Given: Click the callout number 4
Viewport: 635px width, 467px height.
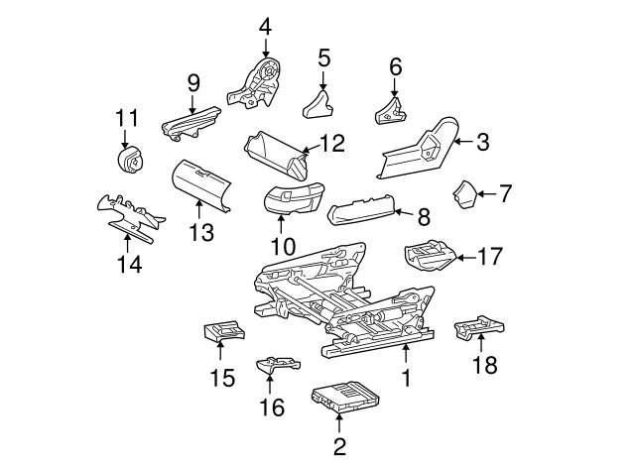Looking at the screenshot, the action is coord(265,27).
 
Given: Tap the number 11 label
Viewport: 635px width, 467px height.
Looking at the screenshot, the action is coord(127,118).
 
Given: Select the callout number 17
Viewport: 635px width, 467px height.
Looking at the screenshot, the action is coord(490,256).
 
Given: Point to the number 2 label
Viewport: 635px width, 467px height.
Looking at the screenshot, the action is coord(339,446).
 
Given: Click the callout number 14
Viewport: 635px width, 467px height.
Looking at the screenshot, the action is coord(130,265).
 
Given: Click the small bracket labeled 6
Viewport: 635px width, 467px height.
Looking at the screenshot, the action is coord(390,110).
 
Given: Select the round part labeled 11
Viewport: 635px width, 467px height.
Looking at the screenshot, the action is coord(130,162).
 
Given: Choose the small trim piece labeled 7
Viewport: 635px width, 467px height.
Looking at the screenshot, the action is coord(464,194).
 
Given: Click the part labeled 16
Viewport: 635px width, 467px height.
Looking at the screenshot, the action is coord(279,364).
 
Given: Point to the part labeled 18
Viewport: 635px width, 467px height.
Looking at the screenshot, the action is coord(479,326).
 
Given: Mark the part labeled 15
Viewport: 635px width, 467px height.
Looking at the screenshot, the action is coord(223,331).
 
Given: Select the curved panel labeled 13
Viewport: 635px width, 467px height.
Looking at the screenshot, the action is coord(200,185).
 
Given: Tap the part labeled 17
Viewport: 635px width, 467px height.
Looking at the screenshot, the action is coord(430,255).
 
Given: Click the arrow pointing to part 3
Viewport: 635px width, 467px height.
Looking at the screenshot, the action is coord(463,142).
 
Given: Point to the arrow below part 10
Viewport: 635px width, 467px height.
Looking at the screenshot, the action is coord(281,225).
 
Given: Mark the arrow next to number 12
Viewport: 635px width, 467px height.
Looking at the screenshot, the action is coord(310,149).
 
